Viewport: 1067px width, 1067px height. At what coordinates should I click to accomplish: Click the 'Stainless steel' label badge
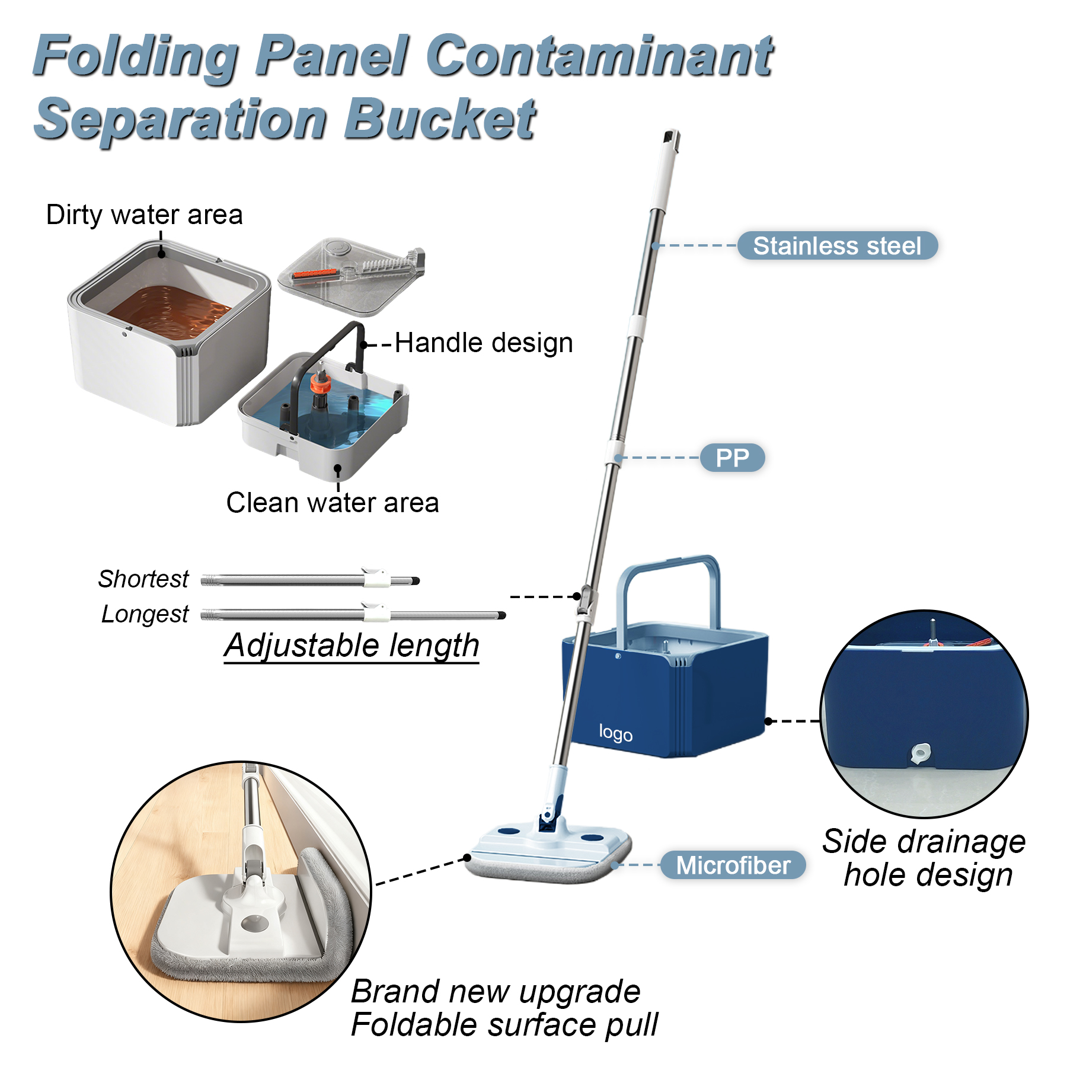tap(836, 246)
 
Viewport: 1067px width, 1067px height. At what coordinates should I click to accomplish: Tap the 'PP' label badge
tap(732, 458)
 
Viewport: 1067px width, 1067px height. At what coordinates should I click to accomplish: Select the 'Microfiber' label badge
tap(733, 865)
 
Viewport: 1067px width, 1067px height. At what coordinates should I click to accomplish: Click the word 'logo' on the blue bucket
tap(615, 733)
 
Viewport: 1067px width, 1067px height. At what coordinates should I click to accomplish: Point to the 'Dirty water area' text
tap(145, 215)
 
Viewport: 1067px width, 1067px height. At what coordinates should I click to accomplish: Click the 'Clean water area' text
tap(333, 503)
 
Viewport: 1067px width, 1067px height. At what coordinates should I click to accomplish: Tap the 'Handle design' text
tap(484, 343)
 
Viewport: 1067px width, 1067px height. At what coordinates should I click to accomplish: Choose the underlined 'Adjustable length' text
tap(352, 645)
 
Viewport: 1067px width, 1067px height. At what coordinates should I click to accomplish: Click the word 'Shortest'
tap(143, 579)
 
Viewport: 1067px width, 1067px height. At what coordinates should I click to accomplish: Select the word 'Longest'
tap(145, 614)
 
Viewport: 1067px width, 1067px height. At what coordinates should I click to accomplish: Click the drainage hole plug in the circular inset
tap(920, 753)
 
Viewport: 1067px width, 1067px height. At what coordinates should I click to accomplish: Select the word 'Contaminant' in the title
tap(599, 56)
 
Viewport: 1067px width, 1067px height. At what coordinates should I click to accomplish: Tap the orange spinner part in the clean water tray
tap(321, 384)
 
